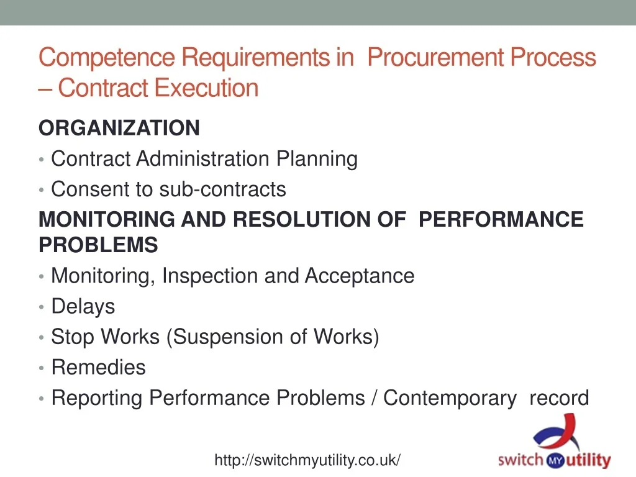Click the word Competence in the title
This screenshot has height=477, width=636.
point(107,57)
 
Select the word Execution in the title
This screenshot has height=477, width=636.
point(206,88)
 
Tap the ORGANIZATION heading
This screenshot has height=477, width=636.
point(119,128)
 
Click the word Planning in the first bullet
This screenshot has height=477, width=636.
point(317,159)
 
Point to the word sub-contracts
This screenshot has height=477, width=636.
point(223,189)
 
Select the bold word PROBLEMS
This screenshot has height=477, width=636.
point(98,245)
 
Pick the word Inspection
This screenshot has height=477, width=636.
point(210,276)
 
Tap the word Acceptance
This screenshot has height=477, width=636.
point(360,276)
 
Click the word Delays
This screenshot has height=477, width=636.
point(83,306)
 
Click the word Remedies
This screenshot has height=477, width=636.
point(99,368)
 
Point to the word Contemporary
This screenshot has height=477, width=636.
point(450,398)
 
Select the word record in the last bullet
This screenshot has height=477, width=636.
point(559,398)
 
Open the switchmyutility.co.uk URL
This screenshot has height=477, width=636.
point(307,460)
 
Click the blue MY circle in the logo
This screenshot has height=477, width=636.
point(555,460)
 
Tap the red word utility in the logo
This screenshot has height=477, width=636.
point(588,461)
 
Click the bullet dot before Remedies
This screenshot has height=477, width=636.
point(42,368)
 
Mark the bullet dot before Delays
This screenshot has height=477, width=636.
point(42,307)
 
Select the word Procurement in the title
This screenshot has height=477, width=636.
point(435,57)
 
